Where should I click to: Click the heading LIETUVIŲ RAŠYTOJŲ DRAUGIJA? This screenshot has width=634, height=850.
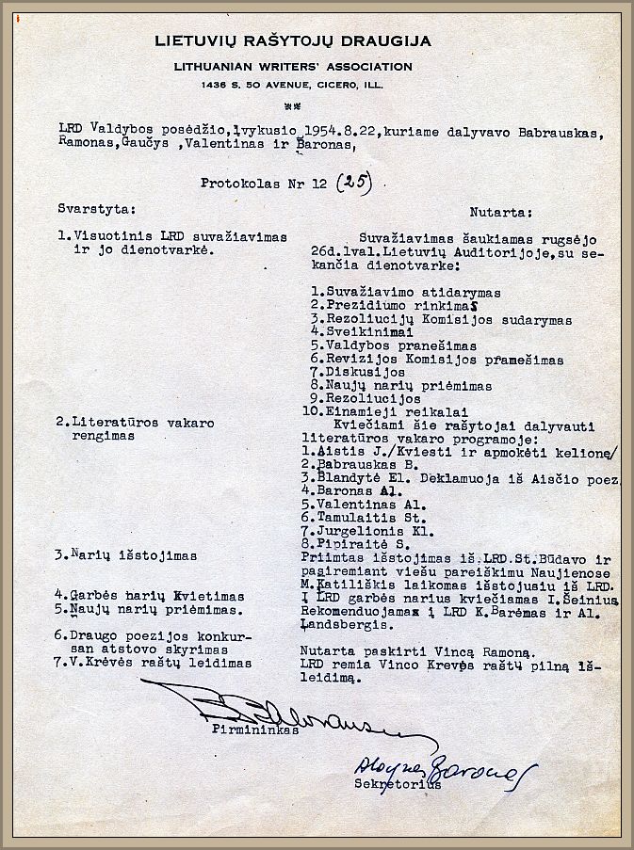(293, 40)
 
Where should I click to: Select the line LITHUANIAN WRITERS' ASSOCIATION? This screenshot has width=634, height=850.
(293, 67)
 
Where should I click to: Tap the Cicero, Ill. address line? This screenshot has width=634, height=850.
(293, 85)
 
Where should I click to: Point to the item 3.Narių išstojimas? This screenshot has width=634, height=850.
(125, 555)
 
